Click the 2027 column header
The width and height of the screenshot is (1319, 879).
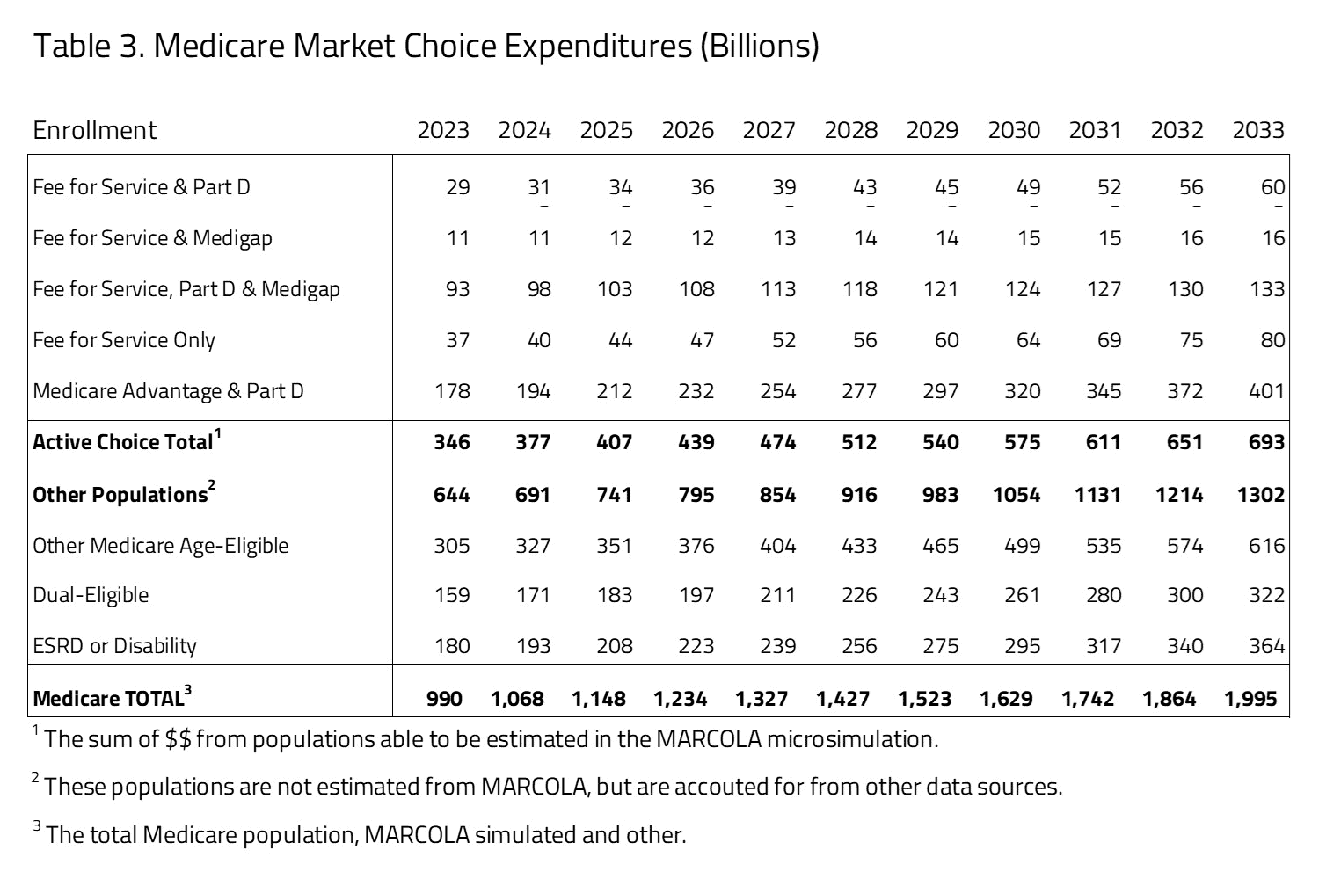(769, 130)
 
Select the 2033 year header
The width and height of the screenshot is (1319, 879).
(1258, 130)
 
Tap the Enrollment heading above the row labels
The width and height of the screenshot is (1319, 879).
(94, 130)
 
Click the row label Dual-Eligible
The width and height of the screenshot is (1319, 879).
(91, 595)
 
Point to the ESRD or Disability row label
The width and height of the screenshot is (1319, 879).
(114, 646)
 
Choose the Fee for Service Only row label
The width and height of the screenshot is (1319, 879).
(124, 340)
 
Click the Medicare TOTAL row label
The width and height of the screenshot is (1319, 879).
(107, 699)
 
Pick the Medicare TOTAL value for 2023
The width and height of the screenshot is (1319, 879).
(444, 699)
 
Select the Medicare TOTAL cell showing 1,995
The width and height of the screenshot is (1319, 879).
(1250, 699)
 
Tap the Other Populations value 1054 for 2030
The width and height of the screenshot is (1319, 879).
(1017, 495)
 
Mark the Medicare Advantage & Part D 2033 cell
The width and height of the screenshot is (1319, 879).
(1266, 391)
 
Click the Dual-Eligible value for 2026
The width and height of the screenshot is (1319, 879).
(696, 595)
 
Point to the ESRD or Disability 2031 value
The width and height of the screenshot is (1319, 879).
(1103, 646)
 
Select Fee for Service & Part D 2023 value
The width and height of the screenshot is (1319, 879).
(457, 187)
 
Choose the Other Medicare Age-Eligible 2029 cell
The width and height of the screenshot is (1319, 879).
(940, 546)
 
